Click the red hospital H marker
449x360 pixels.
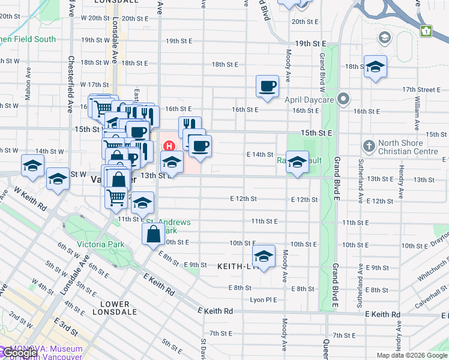point(169,146)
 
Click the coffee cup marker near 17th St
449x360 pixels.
point(267,85)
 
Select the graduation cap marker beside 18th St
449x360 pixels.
point(376,67)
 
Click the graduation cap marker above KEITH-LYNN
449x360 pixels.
point(264,255)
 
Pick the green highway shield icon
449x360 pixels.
point(427,31)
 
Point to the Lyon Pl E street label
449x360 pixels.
point(264,299)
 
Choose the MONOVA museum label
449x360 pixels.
point(41,353)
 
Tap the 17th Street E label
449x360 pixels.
point(421,89)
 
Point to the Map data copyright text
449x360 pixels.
point(411,355)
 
